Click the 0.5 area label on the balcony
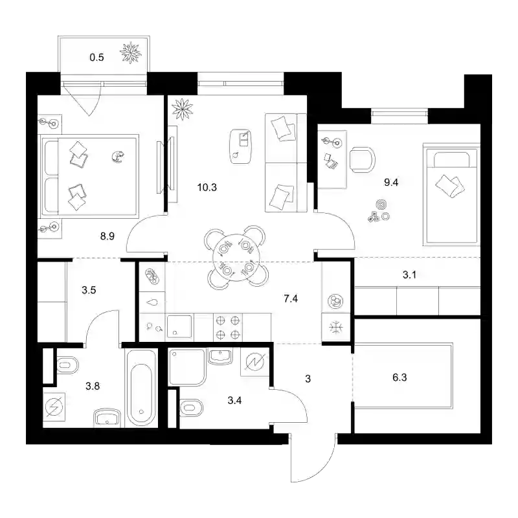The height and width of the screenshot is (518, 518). click(x=96, y=58)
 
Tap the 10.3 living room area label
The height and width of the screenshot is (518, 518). click(x=207, y=188)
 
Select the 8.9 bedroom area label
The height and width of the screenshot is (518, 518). click(x=107, y=236)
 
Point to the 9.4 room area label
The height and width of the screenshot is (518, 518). click(x=391, y=183)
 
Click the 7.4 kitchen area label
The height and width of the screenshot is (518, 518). click(x=291, y=298)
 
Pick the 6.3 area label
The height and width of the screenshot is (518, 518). click(x=400, y=377)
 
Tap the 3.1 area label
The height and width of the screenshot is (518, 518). click(x=409, y=275)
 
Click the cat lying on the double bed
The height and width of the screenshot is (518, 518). click(x=117, y=157)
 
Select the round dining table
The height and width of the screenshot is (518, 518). click(x=236, y=258)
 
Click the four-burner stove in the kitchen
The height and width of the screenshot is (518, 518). click(x=228, y=328)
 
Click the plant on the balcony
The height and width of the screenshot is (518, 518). click(x=131, y=52)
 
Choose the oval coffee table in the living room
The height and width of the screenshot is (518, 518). click(x=241, y=147)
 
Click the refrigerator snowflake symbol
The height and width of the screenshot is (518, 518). click(x=336, y=328)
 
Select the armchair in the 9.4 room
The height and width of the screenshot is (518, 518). click(x=363, y=160)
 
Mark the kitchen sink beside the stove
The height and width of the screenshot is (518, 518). click(x=179, y=326)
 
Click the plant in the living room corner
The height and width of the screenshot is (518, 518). click(x=182, y=109)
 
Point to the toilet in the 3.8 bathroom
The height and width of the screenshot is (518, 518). click(x=68, y=365)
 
